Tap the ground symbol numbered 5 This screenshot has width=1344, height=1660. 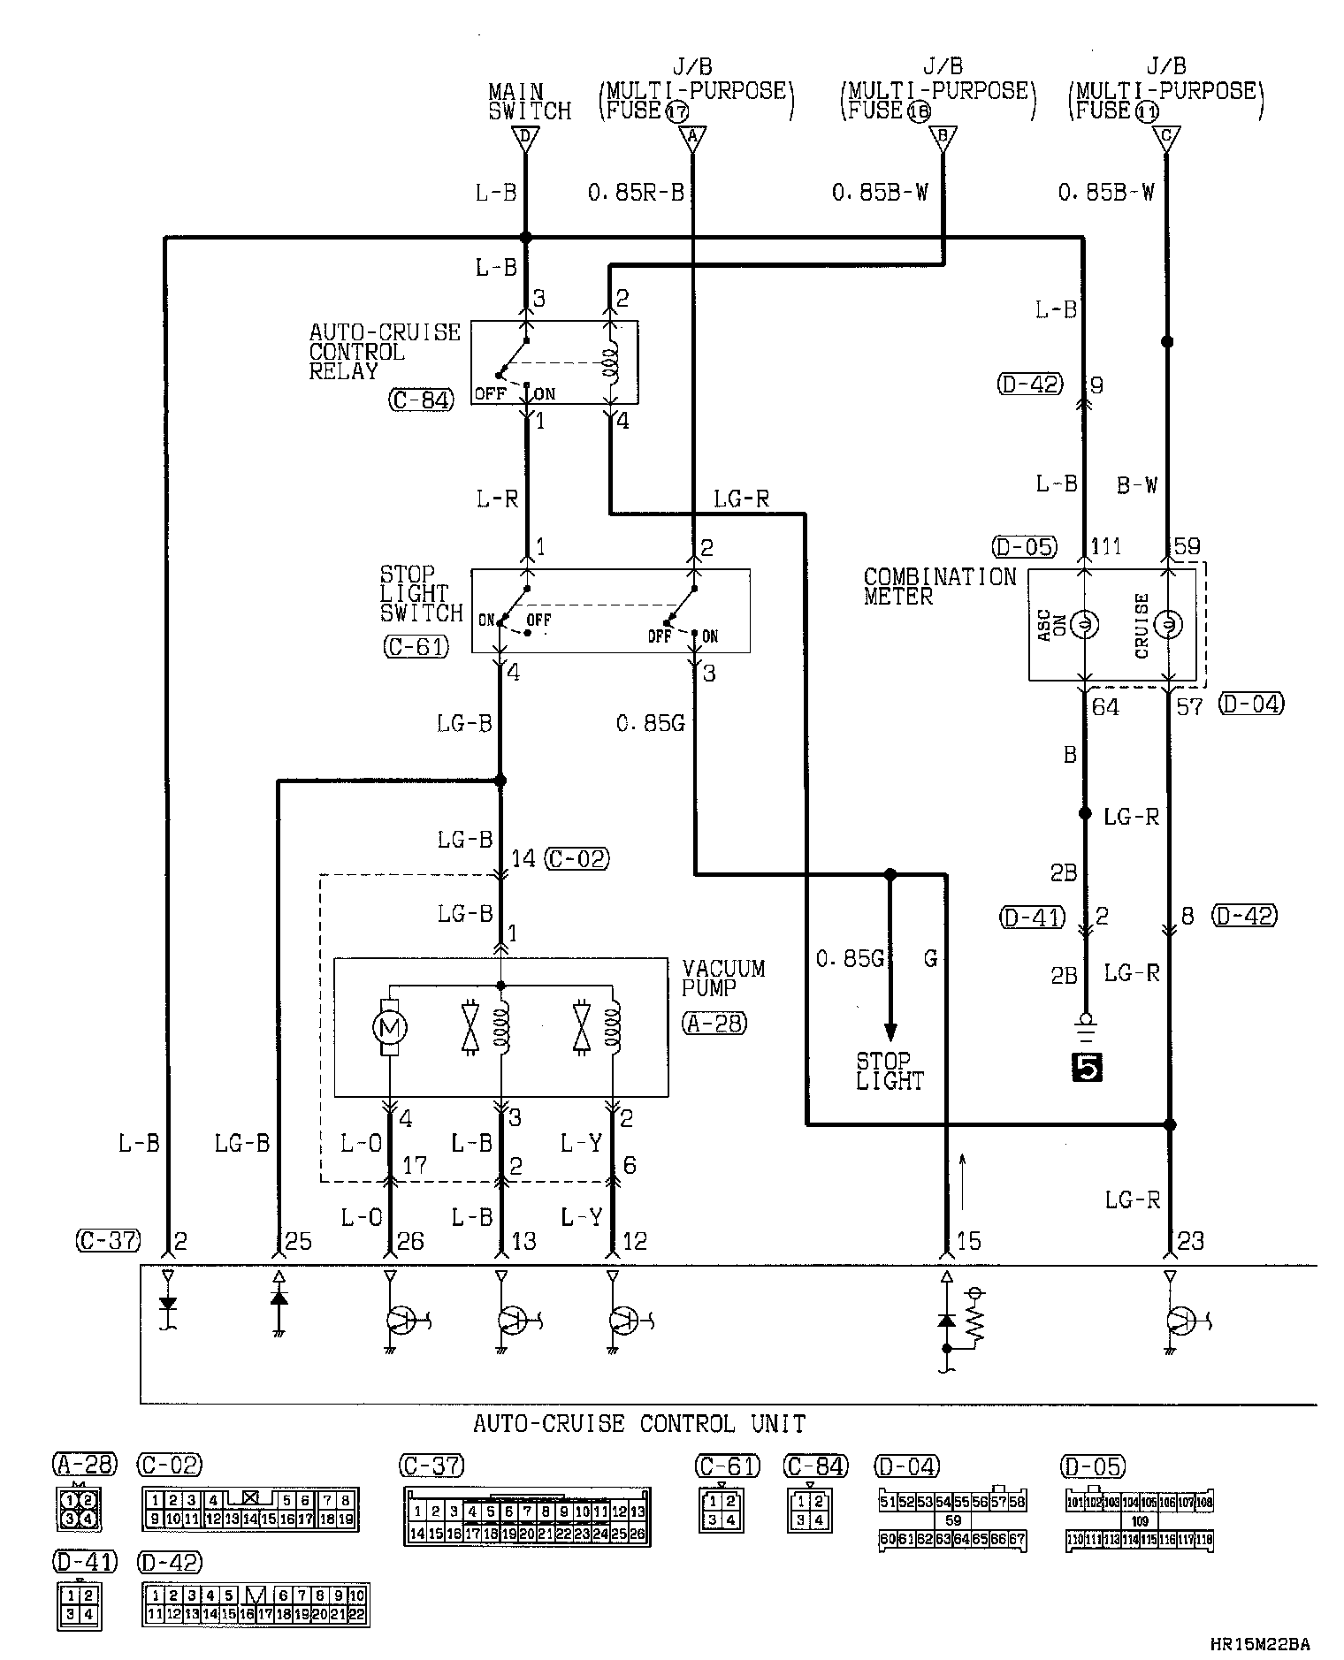click(1086, 1069)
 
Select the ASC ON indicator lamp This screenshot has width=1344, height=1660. click(1085, 625)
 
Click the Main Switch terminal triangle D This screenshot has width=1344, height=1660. click(525, 138)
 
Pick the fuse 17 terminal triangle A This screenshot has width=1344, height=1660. click(692, 138)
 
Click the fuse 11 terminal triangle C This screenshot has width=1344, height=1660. click(1166, 138)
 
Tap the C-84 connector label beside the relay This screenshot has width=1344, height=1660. click(420, 400)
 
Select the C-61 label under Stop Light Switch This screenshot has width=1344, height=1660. click(416, 647)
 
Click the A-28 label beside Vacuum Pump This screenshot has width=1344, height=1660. click(714, 1023)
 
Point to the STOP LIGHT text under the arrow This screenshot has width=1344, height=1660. click(890, 1070)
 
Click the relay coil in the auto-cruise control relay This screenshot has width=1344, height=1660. click(608, 363)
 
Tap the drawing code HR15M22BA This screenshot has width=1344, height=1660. click(1260, 1644)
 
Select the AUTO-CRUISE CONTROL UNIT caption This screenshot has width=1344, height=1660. click(639, 1424)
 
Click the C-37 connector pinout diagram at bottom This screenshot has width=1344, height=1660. click(527, 1517)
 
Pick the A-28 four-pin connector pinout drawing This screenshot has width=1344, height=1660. click(78, 1508)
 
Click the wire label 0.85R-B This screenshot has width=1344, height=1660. click(637, 193)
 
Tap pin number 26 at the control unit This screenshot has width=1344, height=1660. click(410, 1241)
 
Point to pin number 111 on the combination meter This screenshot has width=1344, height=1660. click(1105, 546)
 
